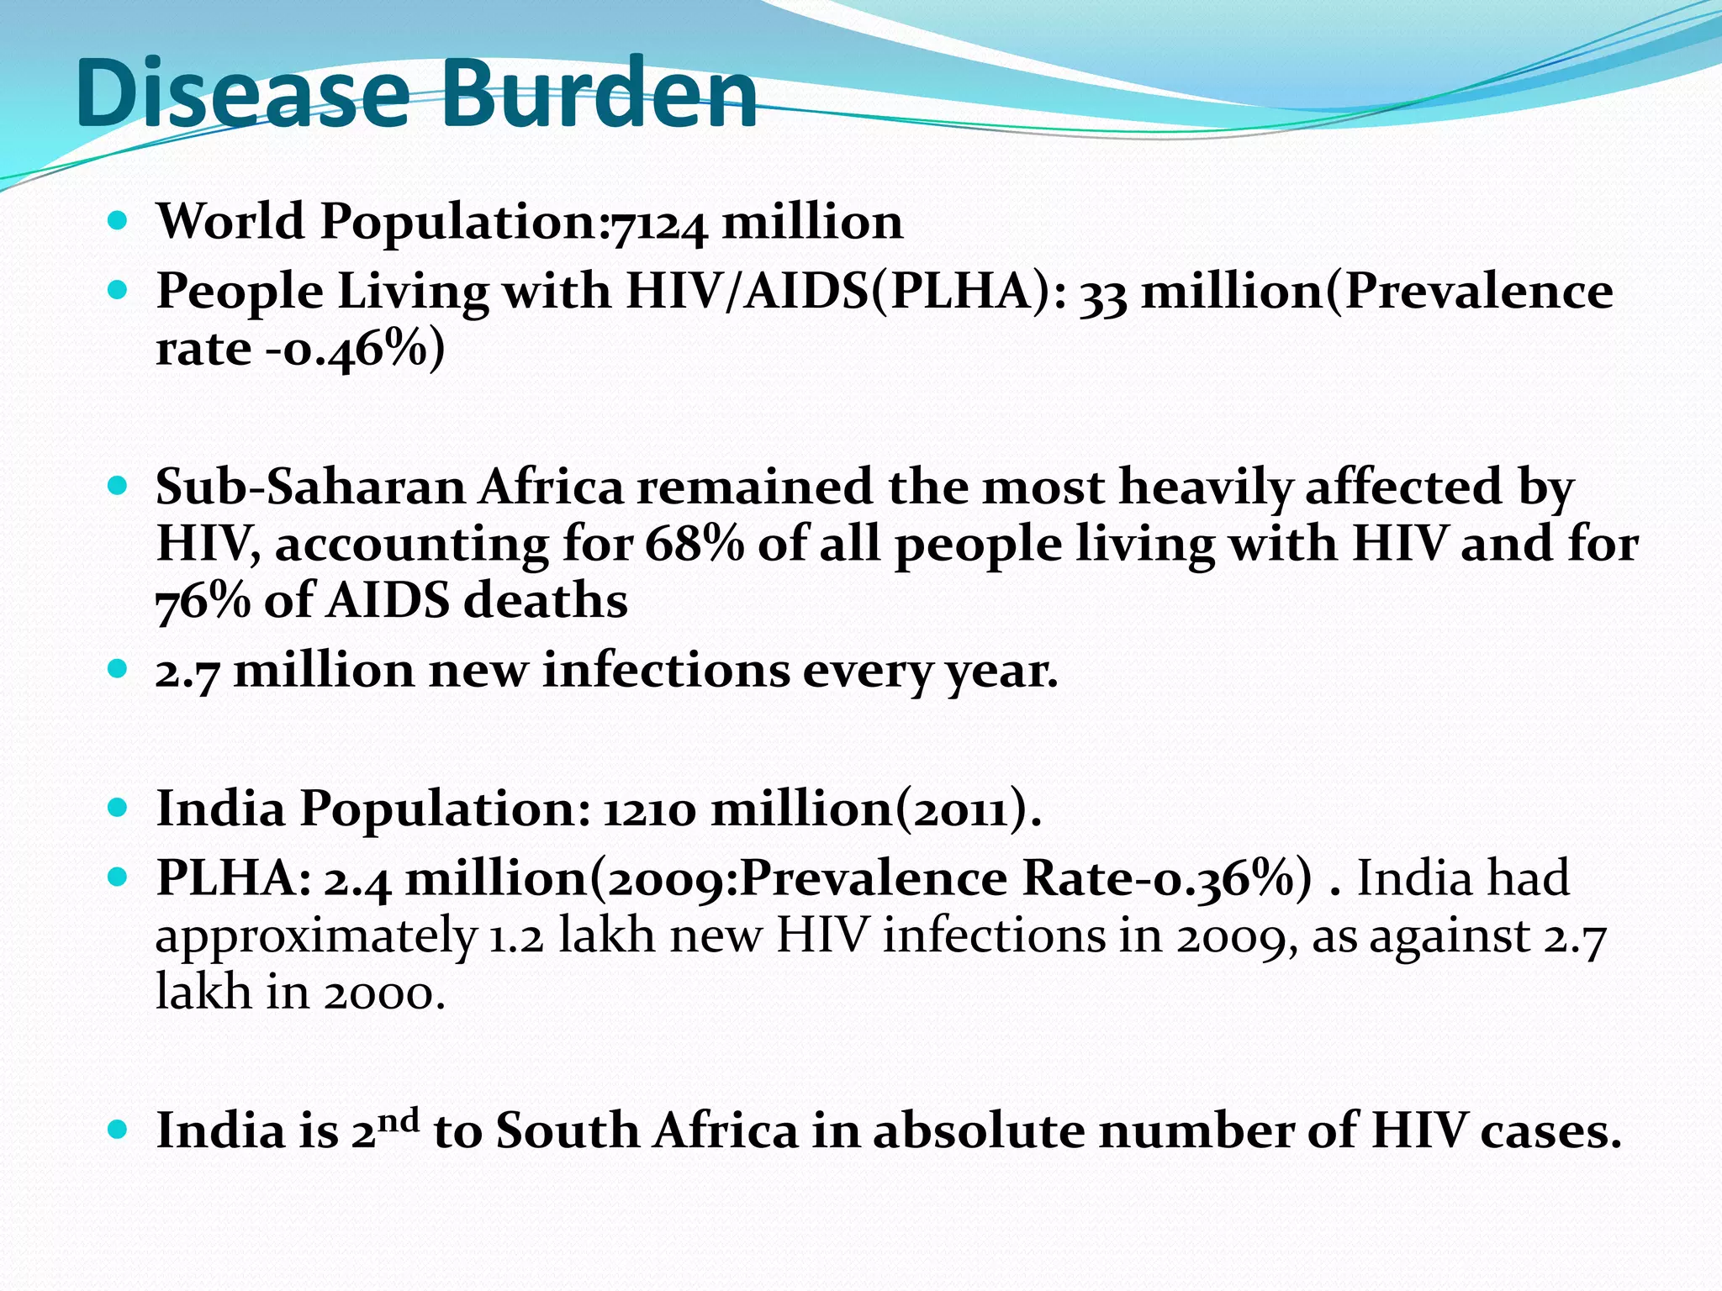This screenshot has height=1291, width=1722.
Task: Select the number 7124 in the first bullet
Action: (659, 224)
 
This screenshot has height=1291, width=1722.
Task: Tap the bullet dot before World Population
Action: (119, 222)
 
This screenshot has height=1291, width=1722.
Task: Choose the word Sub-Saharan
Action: (310, 487)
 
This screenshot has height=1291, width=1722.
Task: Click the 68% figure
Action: (695, 545)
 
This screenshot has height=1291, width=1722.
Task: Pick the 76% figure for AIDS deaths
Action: (203, 602)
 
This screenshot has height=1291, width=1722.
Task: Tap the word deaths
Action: (546, 602)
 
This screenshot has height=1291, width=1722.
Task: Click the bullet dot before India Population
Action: (119, 809)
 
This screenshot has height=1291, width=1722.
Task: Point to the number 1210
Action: (649, 810)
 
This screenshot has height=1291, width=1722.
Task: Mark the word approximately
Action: (316, 936)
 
